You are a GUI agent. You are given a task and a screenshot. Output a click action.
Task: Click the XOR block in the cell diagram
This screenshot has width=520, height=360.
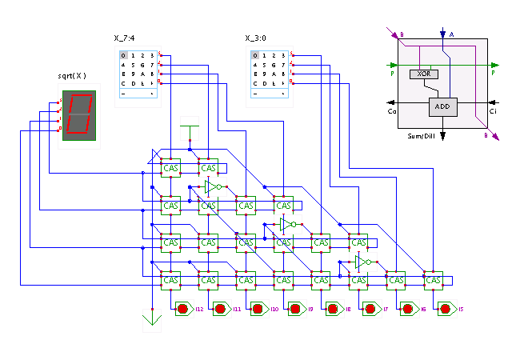pos(424,73)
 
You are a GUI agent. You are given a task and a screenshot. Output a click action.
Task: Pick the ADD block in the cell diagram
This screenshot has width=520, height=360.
pos(442,106)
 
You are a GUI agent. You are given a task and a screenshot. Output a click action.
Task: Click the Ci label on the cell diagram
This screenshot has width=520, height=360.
pos(493,112)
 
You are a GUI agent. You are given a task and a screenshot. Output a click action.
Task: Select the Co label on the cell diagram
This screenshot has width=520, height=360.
pos(392,112)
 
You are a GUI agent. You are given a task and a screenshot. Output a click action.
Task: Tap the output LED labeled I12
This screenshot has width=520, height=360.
pos(183,308)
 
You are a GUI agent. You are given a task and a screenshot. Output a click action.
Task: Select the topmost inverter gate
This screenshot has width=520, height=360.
pos(212,186)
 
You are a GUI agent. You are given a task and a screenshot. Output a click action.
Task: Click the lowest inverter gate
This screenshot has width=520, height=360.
pos(362,262)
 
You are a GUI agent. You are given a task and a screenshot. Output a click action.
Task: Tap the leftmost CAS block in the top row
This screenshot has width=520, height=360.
pos(170,168)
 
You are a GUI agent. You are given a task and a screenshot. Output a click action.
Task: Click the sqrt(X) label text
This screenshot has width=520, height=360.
pos(73,75)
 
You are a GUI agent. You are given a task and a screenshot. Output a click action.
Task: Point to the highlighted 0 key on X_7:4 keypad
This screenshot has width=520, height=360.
pos(123,55)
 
